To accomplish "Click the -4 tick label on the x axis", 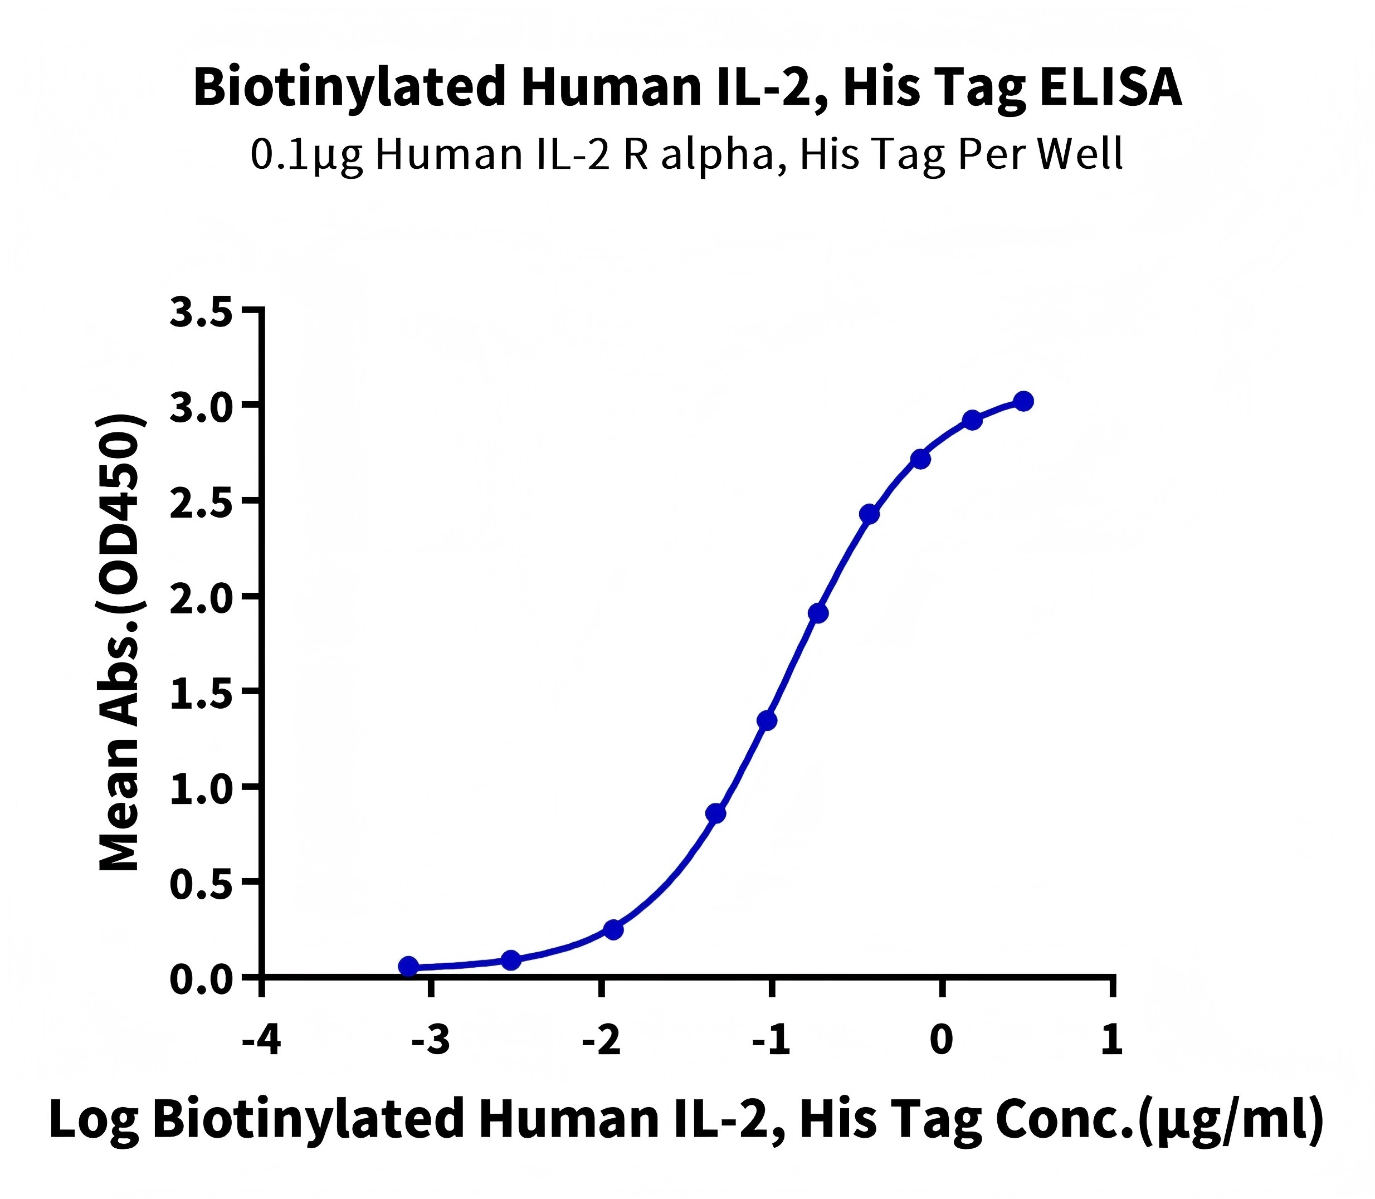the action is [x=262, y=1040].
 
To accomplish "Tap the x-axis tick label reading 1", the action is [x=1112, y=1040].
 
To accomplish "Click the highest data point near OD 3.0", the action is [x=1023, y=402].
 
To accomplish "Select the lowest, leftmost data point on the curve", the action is [x=408, y=966].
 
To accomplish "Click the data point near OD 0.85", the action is [x=716, y=813].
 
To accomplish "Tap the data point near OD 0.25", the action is [x=613, y=929].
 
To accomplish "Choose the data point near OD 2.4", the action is [x=869, y=514].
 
